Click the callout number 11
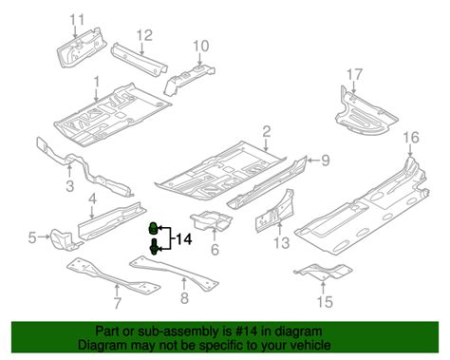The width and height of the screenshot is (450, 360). [x=77, y=20]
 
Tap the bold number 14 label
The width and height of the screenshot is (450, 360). [x=184, y=239]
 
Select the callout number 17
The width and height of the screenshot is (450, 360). [x=354, y=75]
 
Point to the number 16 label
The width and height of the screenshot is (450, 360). [x=411, y=138]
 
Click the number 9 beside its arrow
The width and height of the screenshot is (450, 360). [x=326, y=161]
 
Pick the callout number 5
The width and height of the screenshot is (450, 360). [x=32, y=237]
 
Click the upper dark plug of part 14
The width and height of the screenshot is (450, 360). [x=153, y=228]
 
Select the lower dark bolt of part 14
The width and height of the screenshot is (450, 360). [x=153, y=247]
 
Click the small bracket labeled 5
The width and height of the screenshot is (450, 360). [x=66, y=240]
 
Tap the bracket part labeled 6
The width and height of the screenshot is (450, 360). [x=211, y=220]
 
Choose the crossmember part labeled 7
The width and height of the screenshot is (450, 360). [x=112, y=275]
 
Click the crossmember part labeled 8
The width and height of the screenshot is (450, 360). [x=175, y=274]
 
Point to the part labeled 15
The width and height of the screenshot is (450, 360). [x=324, y=272]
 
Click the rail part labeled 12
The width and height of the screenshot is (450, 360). [x=139, y=60]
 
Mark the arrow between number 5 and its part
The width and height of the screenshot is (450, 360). [x=44, y=237]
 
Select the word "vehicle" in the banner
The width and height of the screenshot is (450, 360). [x=310, y=345]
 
